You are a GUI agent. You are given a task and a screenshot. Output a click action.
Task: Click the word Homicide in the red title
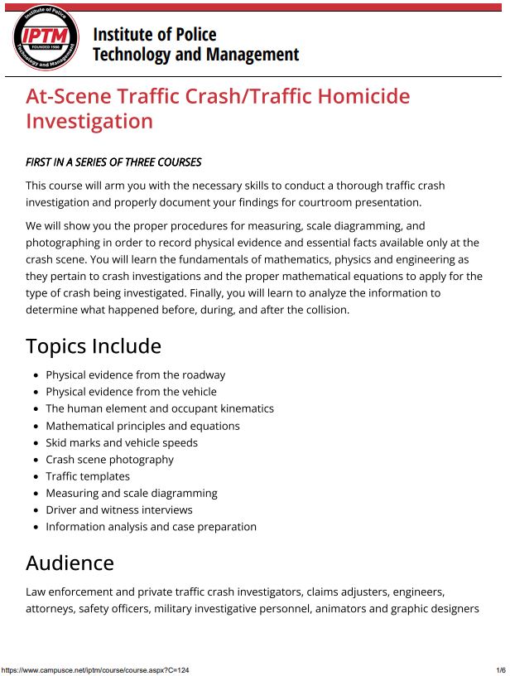coord(363,96)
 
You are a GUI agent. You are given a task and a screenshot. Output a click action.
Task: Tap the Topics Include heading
coord(94,345)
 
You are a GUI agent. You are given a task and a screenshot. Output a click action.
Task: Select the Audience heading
coord(70,563)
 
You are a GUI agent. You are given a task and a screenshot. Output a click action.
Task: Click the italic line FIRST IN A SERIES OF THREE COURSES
coord(113,162)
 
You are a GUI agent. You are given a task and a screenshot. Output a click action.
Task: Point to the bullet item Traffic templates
coord(88,476)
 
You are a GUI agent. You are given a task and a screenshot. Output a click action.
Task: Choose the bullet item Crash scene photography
coord(109,459)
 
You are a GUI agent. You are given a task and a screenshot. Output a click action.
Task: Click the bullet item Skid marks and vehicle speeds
coord(122,442)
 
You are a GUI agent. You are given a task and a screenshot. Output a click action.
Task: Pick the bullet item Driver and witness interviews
coord(119,509)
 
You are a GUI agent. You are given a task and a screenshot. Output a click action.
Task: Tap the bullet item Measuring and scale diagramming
coord(132,493)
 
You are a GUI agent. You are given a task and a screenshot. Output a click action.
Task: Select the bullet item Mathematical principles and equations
coord(142,426)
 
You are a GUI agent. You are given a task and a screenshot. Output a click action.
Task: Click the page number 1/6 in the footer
coord(500,670)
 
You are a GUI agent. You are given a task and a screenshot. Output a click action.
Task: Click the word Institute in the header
coord(123,35)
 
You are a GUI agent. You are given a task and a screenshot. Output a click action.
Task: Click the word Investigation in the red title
coord(89,121)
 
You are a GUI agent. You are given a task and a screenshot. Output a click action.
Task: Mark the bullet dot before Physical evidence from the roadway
coord(36,375)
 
